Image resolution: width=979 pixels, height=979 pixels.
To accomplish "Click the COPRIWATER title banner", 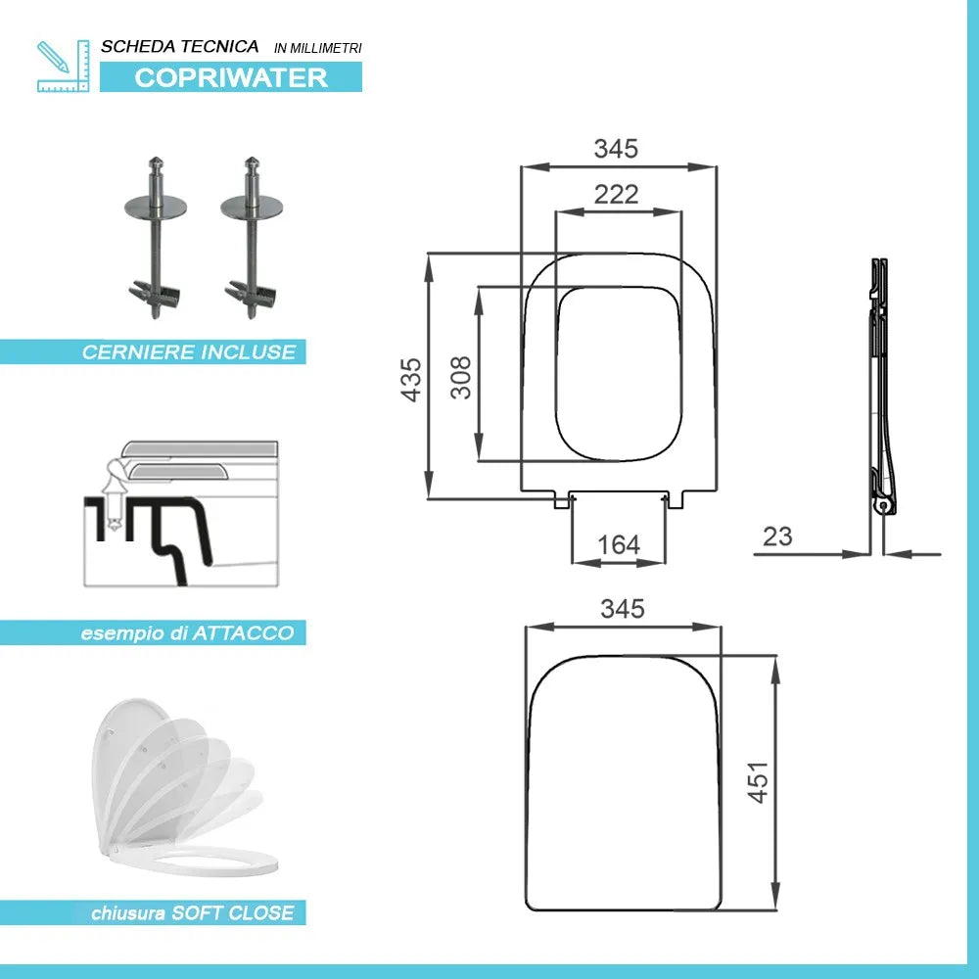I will [x=231, y=77].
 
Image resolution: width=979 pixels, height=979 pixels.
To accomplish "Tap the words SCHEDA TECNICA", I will [x=180, y=46].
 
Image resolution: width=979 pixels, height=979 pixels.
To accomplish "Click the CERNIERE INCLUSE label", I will [x=188, y=351].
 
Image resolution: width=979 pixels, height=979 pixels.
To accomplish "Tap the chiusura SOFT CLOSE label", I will [x=192, y=913].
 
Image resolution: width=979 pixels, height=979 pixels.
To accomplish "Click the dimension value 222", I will [x=617, y=194].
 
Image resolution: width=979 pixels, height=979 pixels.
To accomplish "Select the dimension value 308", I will [x=460, y=376].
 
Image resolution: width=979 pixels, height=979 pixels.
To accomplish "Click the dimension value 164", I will [x=619, y=544].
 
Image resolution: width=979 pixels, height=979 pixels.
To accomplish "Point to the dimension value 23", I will [x=777, y=536].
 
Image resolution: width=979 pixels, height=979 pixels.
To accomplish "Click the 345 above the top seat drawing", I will [x=617, y=149].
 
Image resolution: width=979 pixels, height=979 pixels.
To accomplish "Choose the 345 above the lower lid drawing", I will [x=623, y=609].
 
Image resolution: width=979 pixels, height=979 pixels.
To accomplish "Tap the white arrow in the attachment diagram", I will [x=114, y=494].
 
